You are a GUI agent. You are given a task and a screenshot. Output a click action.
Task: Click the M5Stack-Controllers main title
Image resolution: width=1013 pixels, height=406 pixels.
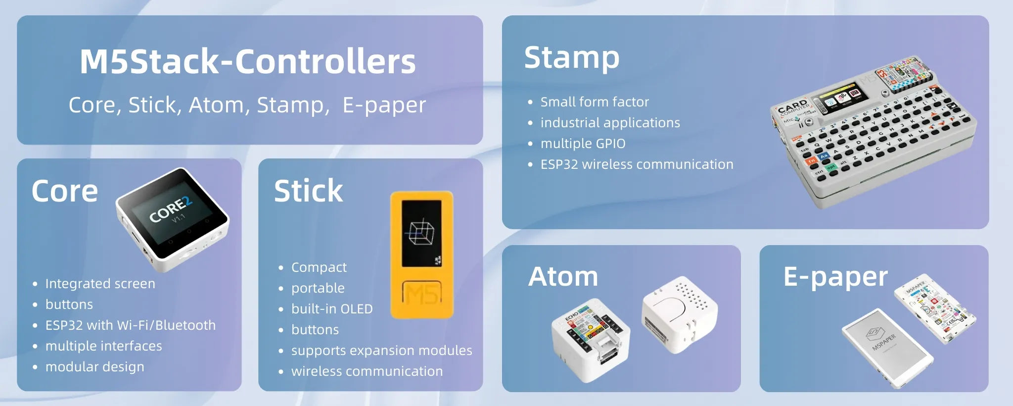click(x=247, y=62)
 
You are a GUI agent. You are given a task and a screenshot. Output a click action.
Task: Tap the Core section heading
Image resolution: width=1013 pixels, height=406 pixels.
click(x=65, y=191)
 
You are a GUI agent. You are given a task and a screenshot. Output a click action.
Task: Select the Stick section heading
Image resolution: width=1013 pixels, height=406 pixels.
click(x=308, y=191)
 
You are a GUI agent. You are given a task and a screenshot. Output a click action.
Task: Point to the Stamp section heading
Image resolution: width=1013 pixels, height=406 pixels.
click(x=571, y=58)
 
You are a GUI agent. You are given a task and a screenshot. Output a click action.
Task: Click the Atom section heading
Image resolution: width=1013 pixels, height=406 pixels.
click(x=563, y=276)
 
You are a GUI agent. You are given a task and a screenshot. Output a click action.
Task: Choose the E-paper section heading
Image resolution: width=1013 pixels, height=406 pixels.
click(x=835, y=277)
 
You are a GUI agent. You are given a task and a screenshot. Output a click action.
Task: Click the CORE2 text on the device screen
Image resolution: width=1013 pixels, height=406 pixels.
click(x=170, y=210)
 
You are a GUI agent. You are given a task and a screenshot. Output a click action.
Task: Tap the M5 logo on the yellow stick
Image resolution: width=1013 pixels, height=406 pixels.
click(x=421, y=294)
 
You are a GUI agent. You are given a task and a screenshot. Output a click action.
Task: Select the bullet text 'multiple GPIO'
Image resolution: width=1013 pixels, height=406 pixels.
click(x=583, y=144)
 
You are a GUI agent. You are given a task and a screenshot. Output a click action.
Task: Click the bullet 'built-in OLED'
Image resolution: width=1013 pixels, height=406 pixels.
click(x=331, y=309)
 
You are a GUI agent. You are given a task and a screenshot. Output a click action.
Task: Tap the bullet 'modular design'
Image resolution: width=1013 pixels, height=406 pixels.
click(x=94, y=367)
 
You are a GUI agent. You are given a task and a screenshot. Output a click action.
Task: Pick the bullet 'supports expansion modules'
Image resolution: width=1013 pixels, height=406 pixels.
click(x=381, y=351)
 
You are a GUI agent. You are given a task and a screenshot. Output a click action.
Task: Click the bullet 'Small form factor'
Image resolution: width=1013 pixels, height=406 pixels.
click(x=594, y=102)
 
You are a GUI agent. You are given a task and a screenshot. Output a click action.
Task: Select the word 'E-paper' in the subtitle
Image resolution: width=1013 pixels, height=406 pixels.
click(x=384, y=105)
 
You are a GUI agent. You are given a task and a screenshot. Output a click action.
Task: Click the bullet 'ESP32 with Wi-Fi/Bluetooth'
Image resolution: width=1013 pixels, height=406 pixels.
click(x=130, y=325)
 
